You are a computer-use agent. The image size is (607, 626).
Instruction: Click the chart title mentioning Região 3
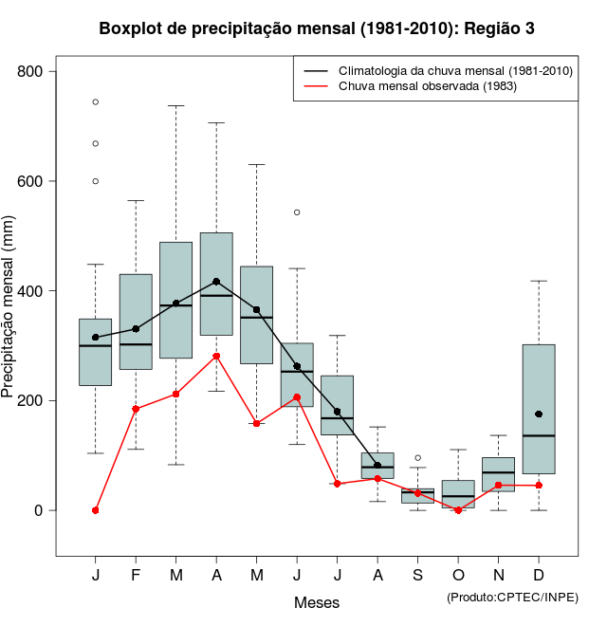(317, 28)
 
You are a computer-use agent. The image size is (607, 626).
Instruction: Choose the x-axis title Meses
(317, 602)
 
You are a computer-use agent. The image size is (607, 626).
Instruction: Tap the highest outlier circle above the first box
(96, 101)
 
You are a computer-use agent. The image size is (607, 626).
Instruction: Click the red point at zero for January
(96, 510)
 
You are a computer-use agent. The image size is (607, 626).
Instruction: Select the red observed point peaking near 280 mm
(216, 356)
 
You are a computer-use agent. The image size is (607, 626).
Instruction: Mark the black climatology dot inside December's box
(539, 414)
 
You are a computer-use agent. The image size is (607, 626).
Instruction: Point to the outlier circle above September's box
(417, 457)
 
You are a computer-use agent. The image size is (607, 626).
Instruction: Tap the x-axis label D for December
(539, 576)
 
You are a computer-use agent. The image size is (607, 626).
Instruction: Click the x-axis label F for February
(136, 576)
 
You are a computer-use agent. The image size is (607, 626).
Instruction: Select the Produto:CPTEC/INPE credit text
(512, 597)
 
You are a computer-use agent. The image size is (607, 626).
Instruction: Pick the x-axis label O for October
(458, 576)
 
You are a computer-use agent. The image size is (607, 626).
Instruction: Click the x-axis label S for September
(417, 576)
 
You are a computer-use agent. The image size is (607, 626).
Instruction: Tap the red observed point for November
(498, 486)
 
